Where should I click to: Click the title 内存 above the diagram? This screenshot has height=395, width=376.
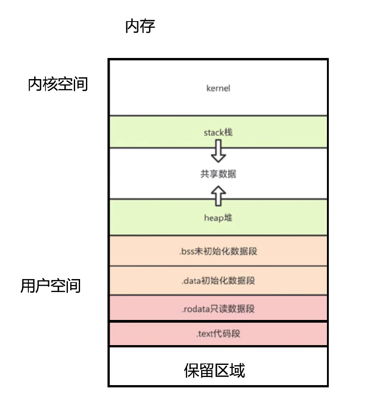click(140, 27)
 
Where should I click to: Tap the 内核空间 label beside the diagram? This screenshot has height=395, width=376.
click(58, 84)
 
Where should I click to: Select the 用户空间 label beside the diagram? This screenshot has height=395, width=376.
click(50, 286)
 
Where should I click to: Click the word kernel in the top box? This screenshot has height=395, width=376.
click(218, 88)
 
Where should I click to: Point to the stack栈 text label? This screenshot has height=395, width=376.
click(218, 133)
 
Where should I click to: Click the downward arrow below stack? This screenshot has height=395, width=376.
click(219, 151)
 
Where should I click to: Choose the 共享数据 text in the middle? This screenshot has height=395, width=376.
click(218, 174)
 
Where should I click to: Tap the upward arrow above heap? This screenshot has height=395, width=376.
click(219, 195)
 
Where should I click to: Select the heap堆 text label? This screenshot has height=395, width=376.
click(218, 218)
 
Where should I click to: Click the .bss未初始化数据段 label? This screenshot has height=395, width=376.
click(218, 251)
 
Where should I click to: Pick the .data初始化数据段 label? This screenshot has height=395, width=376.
click(218, 281)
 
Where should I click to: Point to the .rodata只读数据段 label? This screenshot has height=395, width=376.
click(218, 309)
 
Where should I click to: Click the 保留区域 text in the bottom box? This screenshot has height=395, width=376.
click(215, 371)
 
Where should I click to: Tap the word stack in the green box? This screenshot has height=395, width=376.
click(214, 133)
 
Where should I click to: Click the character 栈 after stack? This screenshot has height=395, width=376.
click(228, 133)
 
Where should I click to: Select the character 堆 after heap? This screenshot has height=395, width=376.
click(228, 218)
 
